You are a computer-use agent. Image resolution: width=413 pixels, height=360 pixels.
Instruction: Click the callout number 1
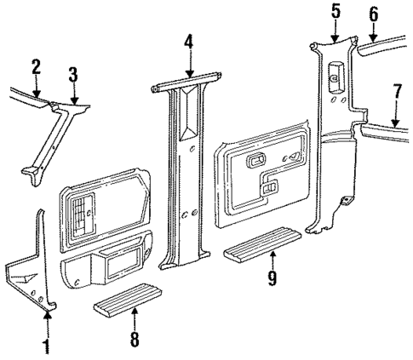click(x=48, y=347)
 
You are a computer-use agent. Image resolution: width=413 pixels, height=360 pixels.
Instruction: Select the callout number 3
click(x=73, y=73)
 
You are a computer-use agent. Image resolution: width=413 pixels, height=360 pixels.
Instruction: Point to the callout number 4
click(x=189, y=40)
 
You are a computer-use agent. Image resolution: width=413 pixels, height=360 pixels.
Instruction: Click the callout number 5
click(x=335, y=11)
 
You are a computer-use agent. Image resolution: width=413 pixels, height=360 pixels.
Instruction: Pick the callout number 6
click(x=372, y=14)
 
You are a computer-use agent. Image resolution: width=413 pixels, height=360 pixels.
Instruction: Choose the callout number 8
click(x=134, y=338)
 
